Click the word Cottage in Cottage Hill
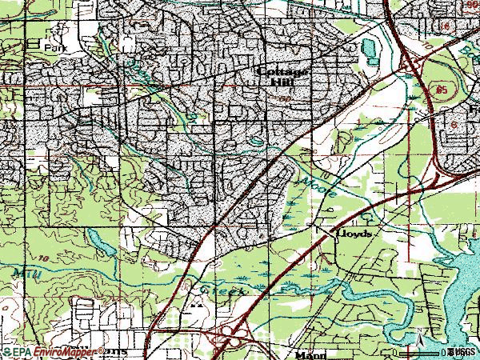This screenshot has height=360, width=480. (283, 70)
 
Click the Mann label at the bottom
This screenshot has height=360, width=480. (308, 353)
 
